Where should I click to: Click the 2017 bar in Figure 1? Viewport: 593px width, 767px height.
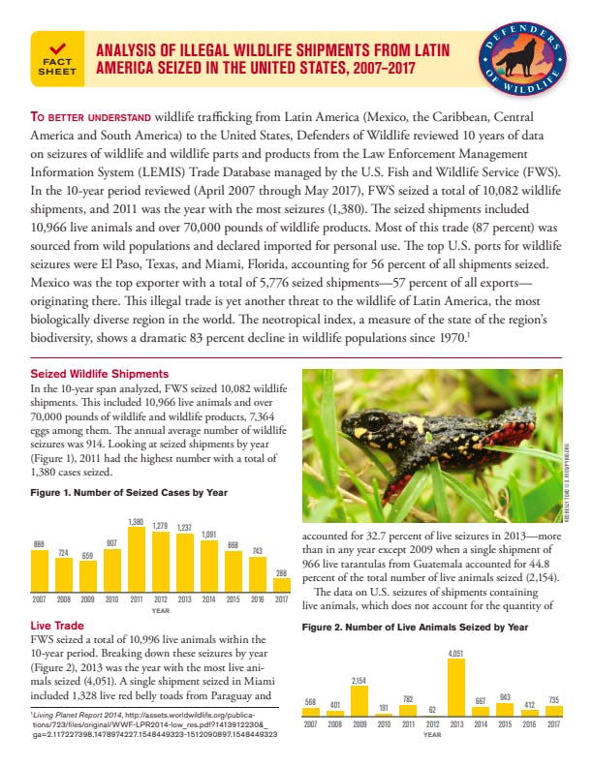coord(282,587)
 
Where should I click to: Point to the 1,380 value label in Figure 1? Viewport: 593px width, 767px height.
coord(137,523)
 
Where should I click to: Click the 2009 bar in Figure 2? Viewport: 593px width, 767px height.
coord(359,702)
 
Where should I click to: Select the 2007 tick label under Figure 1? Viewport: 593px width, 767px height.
coord(39,600)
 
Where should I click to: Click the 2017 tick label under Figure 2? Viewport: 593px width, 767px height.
coord(554,723)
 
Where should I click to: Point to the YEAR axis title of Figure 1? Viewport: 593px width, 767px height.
coord(161,610)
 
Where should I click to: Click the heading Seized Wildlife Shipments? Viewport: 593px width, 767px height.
coord(86,374)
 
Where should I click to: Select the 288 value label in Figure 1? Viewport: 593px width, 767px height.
coord(282,572)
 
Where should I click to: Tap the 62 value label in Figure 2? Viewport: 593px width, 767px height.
coord(432,709)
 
